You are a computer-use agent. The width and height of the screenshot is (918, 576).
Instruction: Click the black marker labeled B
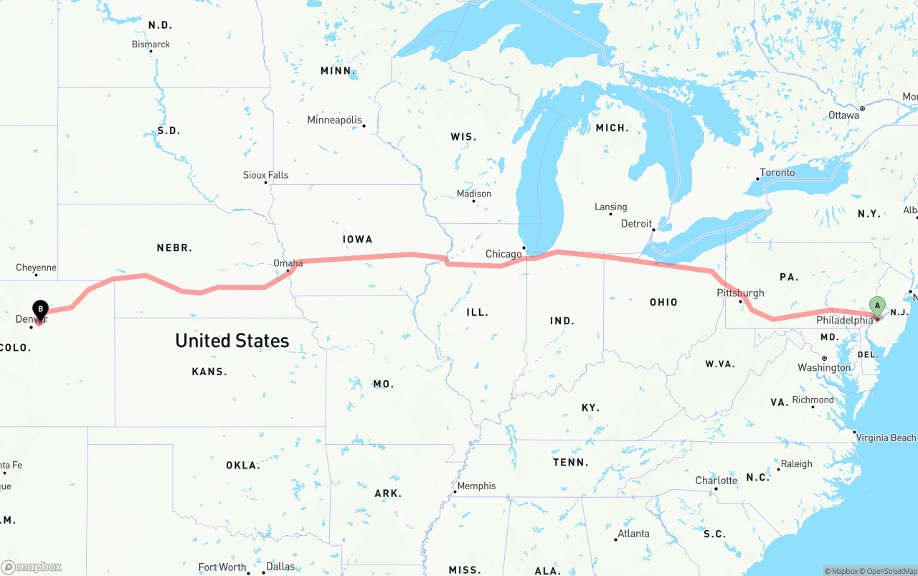click(x=40, y=311)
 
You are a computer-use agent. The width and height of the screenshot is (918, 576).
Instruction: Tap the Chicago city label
click(x=503, y=254)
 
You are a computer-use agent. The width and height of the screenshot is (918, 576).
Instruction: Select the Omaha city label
click(x=288, y=263)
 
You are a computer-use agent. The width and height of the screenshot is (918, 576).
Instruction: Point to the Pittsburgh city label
click(x=740, y=293)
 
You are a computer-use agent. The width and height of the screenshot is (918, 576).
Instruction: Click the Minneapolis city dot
click(x=364, y=126)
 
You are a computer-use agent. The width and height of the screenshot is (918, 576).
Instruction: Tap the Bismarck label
click(x=151, y=44)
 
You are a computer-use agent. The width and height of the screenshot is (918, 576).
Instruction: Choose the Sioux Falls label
click(x=265, y=175)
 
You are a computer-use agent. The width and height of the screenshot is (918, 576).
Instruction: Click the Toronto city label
click(x=777, y=172)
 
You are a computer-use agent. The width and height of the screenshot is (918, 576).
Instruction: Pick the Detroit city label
click(x=636, y=224)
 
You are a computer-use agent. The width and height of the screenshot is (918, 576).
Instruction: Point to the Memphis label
click(x=476, y=486)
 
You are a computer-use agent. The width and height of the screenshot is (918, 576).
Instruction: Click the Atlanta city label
click(x=633, y=533)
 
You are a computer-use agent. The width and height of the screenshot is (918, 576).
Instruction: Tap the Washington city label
click(x=824, y=367)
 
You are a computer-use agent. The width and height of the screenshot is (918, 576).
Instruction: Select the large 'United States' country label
click(x=232, y=340)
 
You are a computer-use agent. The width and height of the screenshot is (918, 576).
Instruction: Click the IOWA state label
click(x=357, y=239)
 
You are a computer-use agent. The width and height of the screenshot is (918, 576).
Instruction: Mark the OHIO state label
click(x=663, y=302)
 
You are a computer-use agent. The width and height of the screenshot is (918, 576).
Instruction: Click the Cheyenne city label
click(x=36, y=268)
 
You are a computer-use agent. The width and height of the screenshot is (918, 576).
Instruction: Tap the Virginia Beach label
click(x=886, y=438)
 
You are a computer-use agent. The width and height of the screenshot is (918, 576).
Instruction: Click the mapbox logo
click(x=32, y=567)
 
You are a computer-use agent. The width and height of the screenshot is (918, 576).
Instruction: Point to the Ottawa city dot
click(x=862, y=109)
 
